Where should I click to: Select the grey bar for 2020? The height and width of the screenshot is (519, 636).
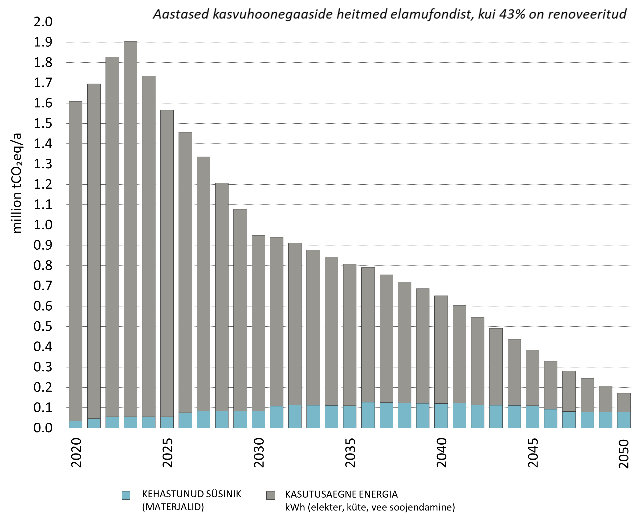point(76,260)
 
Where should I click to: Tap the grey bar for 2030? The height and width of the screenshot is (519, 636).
point(258,323)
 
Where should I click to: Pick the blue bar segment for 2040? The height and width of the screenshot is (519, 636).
point(441,416)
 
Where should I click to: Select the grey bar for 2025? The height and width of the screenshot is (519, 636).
point(167,263)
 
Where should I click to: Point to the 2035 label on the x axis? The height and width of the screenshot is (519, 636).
point(350,453)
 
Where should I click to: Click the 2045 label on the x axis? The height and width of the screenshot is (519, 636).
point(533,453)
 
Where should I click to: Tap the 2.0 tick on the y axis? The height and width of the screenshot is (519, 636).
point(43,22)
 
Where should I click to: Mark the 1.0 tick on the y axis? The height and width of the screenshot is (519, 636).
point(43,225)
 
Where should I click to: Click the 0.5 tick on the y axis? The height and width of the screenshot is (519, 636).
point(43,326)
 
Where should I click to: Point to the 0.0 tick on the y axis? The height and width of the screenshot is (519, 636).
point(43,428)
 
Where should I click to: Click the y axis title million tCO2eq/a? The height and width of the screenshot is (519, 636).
point(16,183)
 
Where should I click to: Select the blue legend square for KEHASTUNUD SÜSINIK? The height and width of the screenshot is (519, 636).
point(126,495)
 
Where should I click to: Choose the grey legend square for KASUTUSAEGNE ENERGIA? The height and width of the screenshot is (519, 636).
point(271,495)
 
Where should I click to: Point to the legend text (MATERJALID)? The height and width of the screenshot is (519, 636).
point(173,507)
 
